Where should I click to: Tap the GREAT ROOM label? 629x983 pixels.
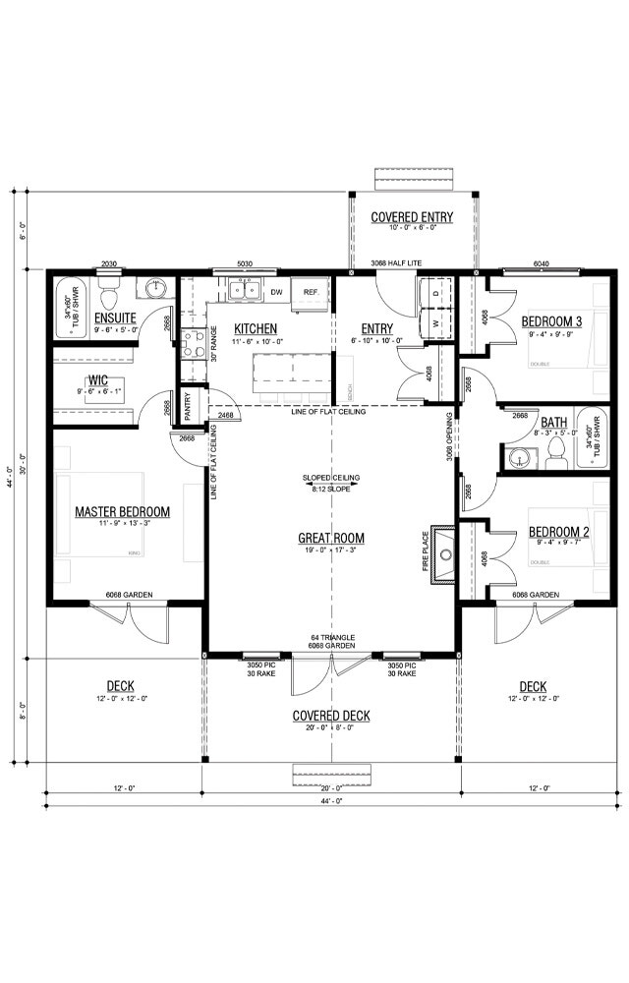[331, 538]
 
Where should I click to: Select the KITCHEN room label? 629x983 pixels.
[255, 328]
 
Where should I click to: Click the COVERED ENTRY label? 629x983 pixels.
[411, 216]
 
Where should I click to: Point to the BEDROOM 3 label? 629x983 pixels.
[551, 322]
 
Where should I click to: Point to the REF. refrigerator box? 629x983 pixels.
[311, 292]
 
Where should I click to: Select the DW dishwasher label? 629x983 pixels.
[276, 292]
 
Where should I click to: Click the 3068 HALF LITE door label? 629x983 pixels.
[398, 264]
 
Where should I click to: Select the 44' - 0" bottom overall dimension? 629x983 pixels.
[331, 801]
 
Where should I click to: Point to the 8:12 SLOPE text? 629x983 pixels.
[331, 489]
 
